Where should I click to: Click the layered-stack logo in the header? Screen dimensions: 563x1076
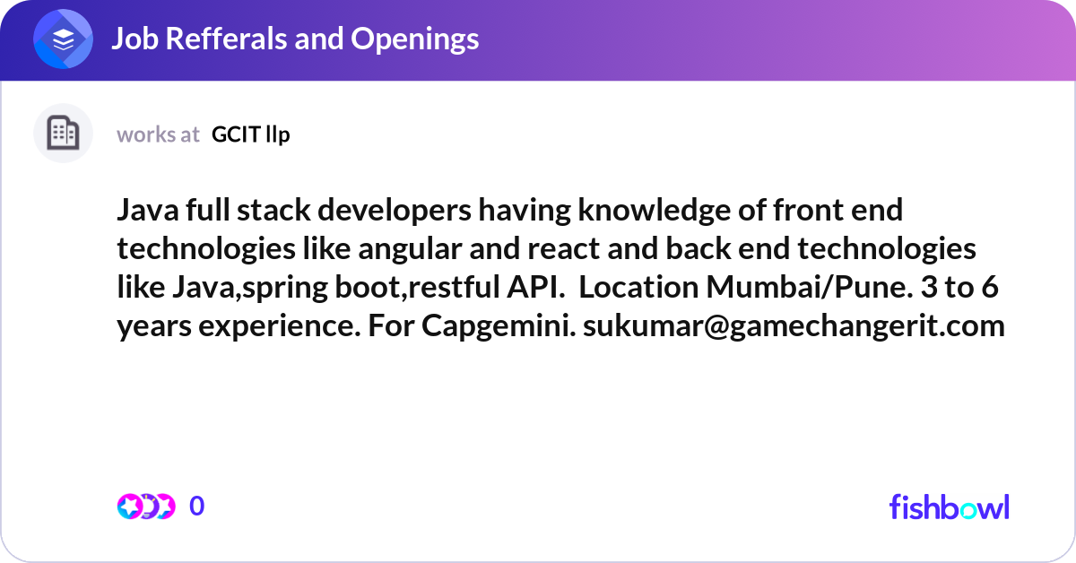(63, 39)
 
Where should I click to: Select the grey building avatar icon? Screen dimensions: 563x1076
(63, 134)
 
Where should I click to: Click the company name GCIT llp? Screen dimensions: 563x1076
(251, 134)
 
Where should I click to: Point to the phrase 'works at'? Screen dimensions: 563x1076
(158, 134)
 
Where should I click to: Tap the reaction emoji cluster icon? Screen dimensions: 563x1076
(145, 507)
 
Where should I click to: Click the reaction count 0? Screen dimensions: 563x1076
(197, 507)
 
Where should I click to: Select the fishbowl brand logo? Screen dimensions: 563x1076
(949, 507)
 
